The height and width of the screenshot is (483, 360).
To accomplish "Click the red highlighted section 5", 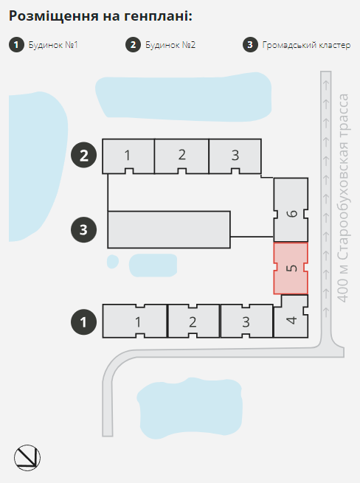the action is [x=291, y=268].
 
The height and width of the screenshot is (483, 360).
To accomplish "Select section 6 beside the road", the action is [x=291, y=209].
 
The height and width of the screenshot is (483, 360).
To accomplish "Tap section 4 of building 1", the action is [x=291, y=317].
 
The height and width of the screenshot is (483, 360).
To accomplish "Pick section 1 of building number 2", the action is [x=128, y=156].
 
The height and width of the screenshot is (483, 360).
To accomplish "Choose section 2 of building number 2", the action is [x=181, y=156].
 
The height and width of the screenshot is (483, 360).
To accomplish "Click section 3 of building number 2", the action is [x=235, y=156].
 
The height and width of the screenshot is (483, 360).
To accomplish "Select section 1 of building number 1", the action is [x=135, y=321].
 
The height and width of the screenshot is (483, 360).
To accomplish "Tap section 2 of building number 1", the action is [x=193, y=321].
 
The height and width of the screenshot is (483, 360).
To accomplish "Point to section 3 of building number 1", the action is [x=246, y=321].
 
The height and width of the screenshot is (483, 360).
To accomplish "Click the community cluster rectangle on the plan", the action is [x=169, y=229].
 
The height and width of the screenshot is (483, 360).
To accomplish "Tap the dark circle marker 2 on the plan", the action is [x=84, y=155].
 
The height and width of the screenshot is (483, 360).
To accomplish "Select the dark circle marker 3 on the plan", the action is [x=84, y=229].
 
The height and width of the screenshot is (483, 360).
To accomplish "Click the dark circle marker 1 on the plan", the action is [x=84, y=322].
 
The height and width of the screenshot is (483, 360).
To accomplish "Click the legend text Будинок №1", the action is [x=53, y=45].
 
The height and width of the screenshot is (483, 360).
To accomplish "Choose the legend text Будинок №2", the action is [x=170, y=45].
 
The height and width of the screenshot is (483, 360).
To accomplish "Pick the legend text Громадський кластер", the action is [x=306, y=45].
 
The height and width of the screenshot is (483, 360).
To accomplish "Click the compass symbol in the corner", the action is [x=27, y=457].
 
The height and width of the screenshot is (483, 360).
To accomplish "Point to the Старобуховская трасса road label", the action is [x=342, y=198].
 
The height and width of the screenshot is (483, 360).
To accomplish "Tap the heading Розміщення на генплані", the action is [x=100, y=16].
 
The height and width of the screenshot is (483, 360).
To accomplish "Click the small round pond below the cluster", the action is [x=113, y=262].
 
